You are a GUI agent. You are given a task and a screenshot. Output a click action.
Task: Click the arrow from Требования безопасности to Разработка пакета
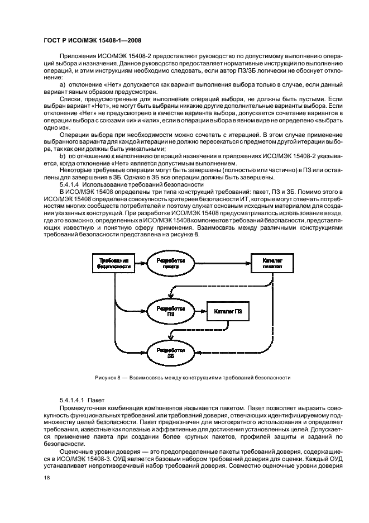140,263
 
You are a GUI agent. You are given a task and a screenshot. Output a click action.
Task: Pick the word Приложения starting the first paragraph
77,56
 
